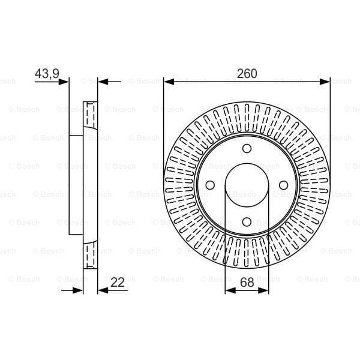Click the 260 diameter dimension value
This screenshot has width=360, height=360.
pyautogui.click(x=247, y=74)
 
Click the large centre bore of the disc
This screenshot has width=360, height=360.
pyautogui.click(x=247, y=185)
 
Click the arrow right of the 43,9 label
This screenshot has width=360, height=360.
pyautogui.click(x=64, y=82)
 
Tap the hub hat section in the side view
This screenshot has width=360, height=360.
pyautogui.click(x=76, y=185)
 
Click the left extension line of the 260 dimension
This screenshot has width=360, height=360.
pyautogui.click(x=164, y=120)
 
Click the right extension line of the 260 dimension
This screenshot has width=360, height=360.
pyautogui.click(x=330, y=120)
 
